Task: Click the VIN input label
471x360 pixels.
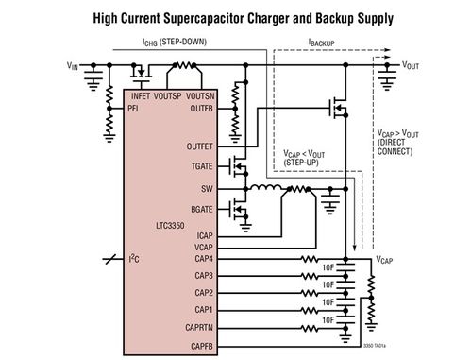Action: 73,65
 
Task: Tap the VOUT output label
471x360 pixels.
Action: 412,65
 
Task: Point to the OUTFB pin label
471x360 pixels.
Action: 201,108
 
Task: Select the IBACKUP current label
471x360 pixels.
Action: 324,43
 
